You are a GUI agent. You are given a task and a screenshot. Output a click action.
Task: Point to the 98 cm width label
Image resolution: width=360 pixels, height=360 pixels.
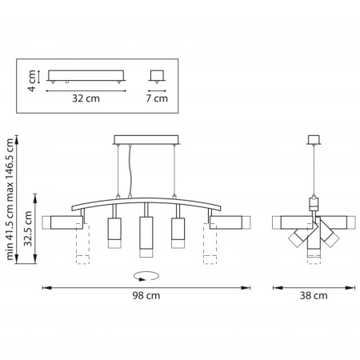click(x=145, y=295)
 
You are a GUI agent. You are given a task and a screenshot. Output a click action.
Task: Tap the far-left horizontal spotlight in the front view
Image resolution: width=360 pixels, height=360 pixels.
click(x=63, y=222)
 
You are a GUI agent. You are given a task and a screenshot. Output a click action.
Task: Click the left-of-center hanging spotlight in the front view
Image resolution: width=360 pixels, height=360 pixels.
click(x=113, y=232)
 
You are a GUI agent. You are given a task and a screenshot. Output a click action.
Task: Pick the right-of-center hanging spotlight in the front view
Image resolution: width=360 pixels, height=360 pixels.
click(x=178, y=232)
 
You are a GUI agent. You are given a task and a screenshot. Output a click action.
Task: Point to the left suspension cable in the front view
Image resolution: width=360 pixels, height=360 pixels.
click(x=118, y=172)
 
